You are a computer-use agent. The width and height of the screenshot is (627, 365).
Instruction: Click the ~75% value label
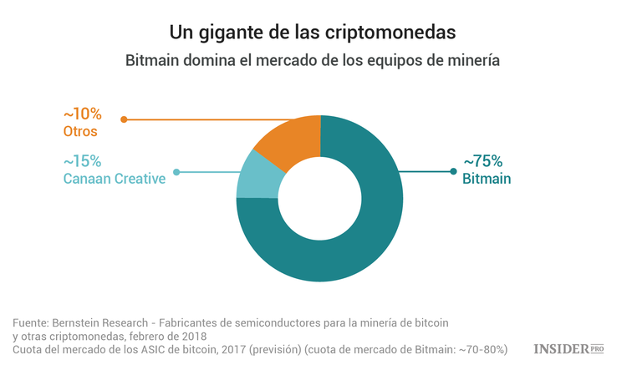point(482,161)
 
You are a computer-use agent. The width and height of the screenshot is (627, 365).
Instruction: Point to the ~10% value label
point(82,114)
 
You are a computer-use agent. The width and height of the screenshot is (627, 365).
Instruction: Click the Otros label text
point(80,131)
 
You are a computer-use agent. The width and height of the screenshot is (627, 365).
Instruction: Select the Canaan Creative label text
point(114,178)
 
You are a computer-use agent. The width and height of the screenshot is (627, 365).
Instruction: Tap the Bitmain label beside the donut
point(487,178)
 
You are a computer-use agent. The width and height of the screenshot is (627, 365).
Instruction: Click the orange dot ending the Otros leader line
point(124,119)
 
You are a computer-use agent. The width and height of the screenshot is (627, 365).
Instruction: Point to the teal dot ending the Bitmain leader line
point(453,172)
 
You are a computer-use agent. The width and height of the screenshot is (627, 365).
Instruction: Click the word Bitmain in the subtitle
point(153,61)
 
